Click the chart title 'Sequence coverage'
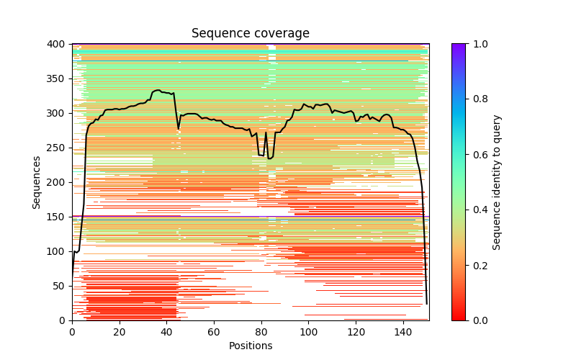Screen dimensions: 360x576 point(251,34)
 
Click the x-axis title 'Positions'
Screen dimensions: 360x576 point(251,346)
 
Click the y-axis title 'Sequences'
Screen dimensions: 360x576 point(37,182)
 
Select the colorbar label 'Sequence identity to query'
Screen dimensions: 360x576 point(497,182)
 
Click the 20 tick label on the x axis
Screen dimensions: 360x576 point(120,332)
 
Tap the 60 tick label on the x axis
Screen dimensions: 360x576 point(214,332)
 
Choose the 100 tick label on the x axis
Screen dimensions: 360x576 point(309,332)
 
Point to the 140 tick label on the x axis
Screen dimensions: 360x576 point(403,332)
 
